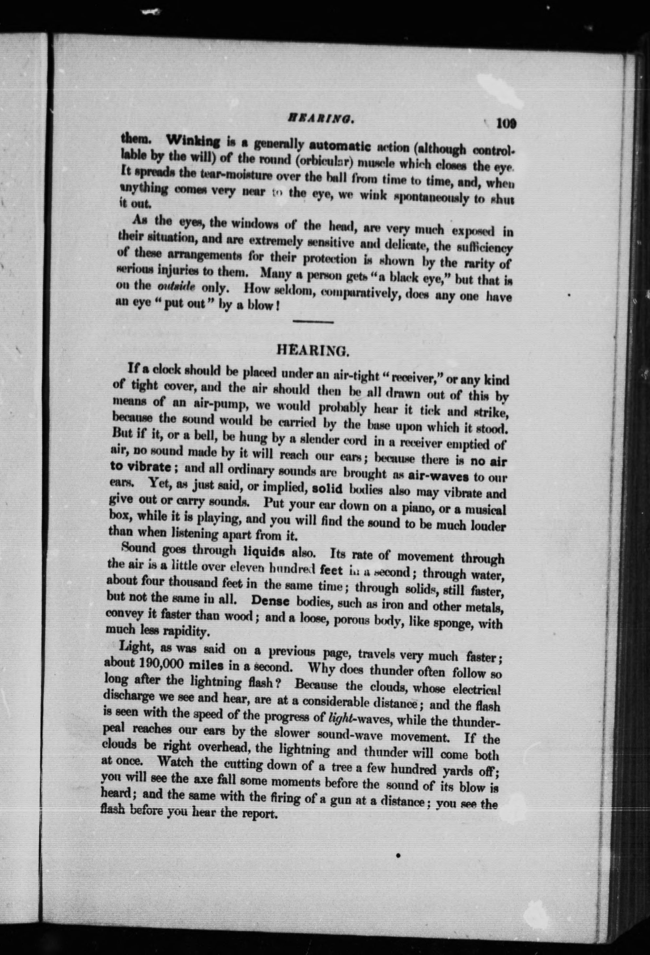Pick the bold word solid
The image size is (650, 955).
pos(328,489)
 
